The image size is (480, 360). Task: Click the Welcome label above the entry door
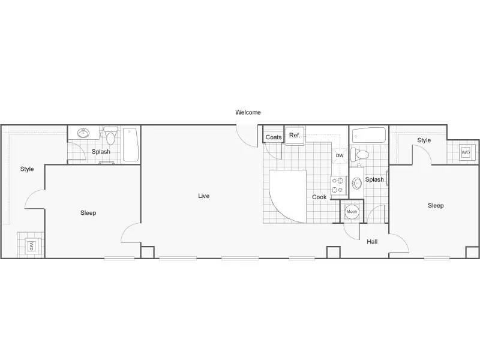tap(248, 112)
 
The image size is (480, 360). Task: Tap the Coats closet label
tap(274, 137)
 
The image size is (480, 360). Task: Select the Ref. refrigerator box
tap(295, 136)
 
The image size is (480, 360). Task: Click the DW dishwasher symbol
tap(340, 155)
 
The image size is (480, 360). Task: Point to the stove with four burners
tap(338, 185)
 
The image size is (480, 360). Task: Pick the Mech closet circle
tap(352, 212)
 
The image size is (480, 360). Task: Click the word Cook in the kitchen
tap(319, 197)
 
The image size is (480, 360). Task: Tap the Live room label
tap(204, 196)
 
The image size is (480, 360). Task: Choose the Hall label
tap(372, 242)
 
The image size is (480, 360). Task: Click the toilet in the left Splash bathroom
tap(110, 136)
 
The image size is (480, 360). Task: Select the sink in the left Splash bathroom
tap(83, 133)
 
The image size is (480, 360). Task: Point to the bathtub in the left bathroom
tap(131, 145)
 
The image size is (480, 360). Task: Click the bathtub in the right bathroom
tap(368, 136)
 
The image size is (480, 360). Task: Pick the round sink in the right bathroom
tap(356, 184)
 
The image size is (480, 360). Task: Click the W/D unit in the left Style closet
tap(31, 246)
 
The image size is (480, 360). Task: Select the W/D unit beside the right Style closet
tap(466, 152)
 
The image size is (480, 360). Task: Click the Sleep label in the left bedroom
tap(88, 213)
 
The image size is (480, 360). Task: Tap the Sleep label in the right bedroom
tap(436, 205)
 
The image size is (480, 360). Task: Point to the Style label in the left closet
tap(27, 169)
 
